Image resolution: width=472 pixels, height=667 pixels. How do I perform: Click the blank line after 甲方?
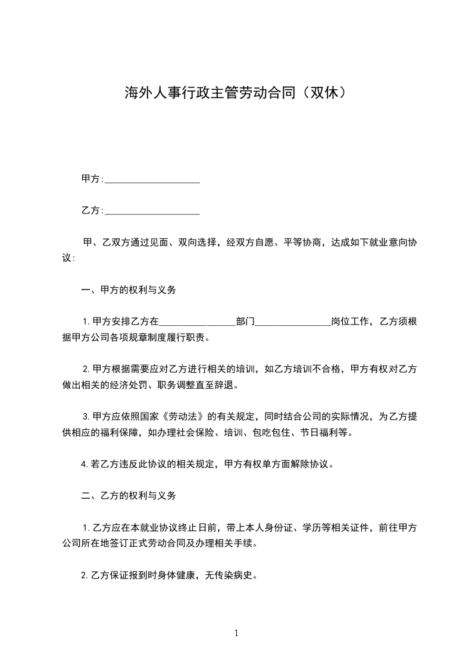click(152, 179)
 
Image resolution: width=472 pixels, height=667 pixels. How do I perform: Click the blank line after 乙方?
click(152, 210)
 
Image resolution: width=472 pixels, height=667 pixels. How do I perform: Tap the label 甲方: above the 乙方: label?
click(92, 179)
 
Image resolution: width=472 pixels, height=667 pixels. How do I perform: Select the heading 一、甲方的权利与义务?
click(128, 290)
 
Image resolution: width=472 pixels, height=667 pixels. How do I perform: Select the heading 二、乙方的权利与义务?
click(128, 495)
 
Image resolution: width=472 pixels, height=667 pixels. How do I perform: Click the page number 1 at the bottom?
click(236, 633)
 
